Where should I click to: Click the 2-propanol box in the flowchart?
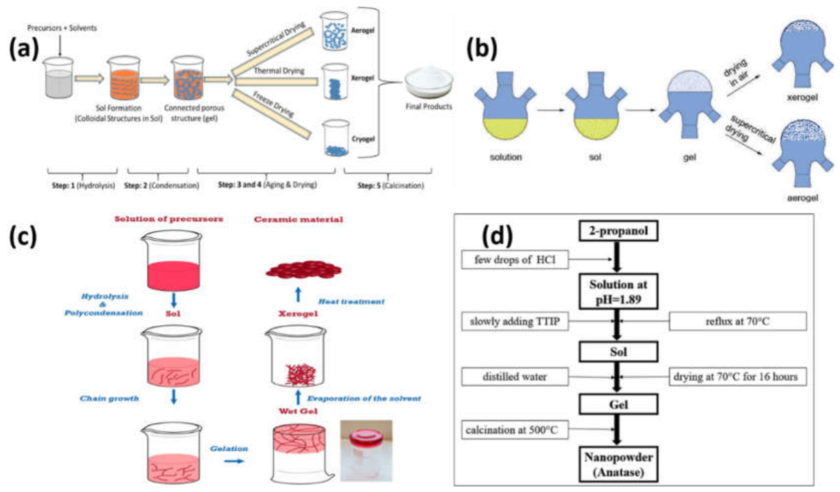click(x=618, y=231)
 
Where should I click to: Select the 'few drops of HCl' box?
click(x=515, y=259)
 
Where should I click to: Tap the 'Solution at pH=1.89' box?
click(x=618, y=292)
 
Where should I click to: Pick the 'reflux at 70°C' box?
click(x=738, y=321)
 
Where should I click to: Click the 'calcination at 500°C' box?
click(x=515, y=430)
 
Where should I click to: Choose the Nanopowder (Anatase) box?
click(x=618, y=465)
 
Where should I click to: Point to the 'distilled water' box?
click(x=515, y=377)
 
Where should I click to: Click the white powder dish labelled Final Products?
click(x=429, y=82)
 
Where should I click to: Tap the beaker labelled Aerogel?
click(x=334, y=31)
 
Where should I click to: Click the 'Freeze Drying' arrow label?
click(x=273, y=104)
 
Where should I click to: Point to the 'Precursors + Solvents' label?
click(x=62, y=27)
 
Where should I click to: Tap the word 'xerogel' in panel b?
click(x=802, y=97)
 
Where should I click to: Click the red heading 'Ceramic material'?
click(x=299, y=220)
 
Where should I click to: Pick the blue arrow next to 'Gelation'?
click(x=234, y=460)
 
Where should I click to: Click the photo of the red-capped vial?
click(x=366, y=450)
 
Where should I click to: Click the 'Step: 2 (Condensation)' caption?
click(x=161, y=185)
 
